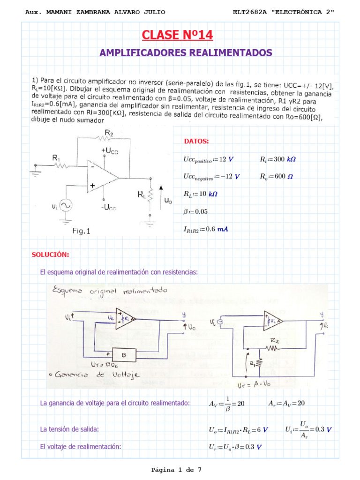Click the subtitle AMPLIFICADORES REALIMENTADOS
(186, 52)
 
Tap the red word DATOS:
(197, 141)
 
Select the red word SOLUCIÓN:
(50, 255)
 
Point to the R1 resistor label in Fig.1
(56, 159)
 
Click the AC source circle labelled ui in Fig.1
(65, 205)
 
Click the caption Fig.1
(81, 231)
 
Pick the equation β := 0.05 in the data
(195, 211)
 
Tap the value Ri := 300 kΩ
(278, 159)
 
